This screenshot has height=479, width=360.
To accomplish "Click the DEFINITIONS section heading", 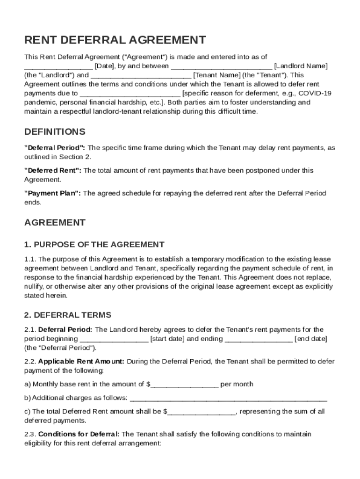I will click(55, 131).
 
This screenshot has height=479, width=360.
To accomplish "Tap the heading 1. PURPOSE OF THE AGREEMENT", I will click(94, 244).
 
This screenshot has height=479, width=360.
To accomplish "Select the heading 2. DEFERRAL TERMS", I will click(68, 315).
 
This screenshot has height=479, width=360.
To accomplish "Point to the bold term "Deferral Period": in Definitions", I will click(55, 148).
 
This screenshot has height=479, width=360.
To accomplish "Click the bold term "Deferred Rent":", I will click(53, 170).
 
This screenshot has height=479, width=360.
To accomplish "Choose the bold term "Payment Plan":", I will click(52, 193).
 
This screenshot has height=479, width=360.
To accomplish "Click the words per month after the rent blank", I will click(237, 384).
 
